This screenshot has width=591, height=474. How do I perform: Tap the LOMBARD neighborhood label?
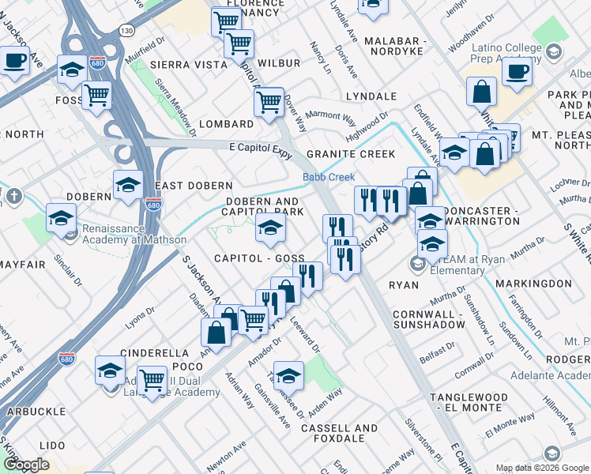click(x=226, y=124)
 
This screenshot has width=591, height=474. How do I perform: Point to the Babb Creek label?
click(x=329, y=177)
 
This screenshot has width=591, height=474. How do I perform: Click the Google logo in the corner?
click(x=26, y=465)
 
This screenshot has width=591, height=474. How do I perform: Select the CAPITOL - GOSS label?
click(x=260, y=259)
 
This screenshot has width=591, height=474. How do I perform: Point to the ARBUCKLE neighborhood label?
click(x=37, y=412)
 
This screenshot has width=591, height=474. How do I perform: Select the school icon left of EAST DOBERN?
click(x=128, y=186)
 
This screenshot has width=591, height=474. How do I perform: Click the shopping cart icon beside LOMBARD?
click(x=269, y=101)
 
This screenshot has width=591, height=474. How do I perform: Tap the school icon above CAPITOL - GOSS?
click(x=270, y=230)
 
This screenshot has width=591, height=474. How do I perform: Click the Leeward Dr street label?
click(x=305, y=337)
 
